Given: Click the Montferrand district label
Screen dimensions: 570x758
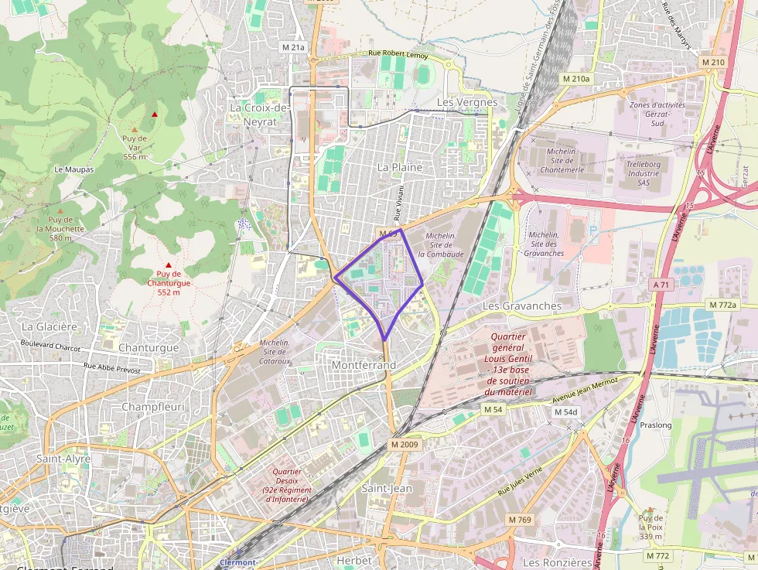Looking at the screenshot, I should click(363, 365).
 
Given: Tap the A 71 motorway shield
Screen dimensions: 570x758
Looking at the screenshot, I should click(661, 285).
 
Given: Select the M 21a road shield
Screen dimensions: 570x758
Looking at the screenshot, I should click(293, 47).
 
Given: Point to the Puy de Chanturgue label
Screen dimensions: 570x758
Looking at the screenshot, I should click(169, 282).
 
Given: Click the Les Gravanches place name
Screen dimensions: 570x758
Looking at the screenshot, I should click(521, 305).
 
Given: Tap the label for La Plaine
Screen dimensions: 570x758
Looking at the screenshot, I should click(400, 167).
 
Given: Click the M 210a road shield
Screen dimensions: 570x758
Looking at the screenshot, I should click(575, 79).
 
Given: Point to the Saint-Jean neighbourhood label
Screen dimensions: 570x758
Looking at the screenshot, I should click(387, 488).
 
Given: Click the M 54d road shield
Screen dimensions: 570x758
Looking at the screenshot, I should click(565, 412).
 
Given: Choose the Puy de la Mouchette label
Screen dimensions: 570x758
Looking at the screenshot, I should click(60, 229).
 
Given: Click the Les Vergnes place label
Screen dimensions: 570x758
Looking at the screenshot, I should click(467, 102).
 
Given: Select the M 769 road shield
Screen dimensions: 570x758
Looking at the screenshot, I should click(520, 519).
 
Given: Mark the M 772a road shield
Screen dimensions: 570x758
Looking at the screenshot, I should click(726, 305).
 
